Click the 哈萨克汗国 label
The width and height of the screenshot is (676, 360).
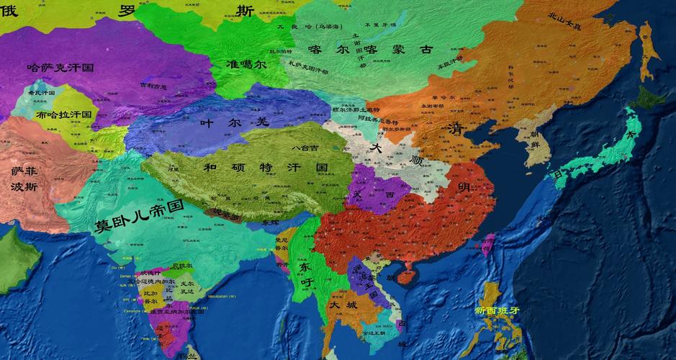[60, 67]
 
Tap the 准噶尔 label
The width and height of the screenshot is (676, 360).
[245, 63]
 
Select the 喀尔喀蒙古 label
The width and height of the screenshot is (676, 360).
[370, 50]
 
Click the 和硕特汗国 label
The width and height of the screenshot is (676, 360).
[266, 167]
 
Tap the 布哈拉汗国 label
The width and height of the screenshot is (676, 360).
[64, 114]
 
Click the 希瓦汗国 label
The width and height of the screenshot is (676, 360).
[41, 93]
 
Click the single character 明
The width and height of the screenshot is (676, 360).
[464, 186]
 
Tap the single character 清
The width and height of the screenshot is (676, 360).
[454, 130]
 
